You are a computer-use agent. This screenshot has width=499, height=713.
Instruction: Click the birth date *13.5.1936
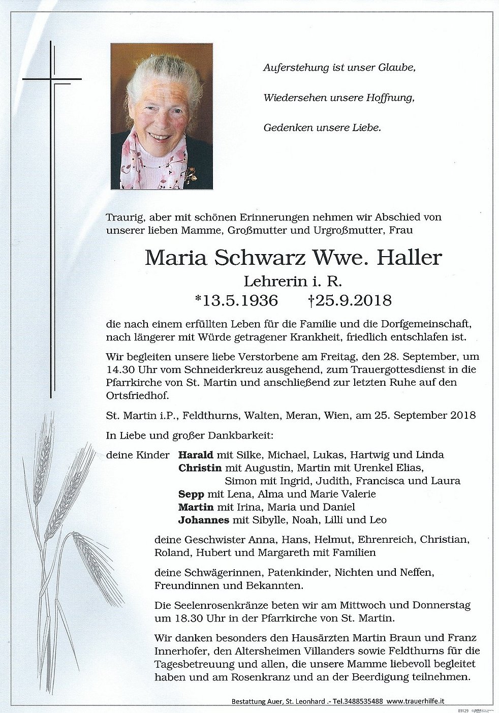235,300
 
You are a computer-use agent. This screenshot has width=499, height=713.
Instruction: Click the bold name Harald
195,455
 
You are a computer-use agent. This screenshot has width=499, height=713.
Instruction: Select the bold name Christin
200,468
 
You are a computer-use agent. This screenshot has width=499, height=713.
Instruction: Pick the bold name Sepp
191,494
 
